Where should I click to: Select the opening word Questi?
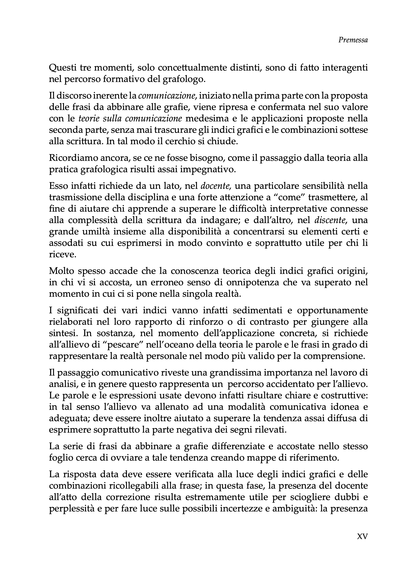[62, 68]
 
